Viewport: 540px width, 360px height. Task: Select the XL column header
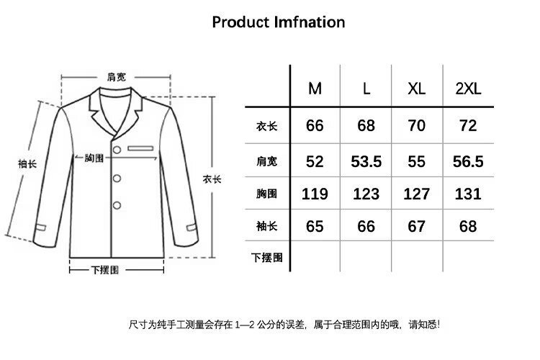(x=417, y=89)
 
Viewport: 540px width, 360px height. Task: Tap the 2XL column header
(x=468, y=89)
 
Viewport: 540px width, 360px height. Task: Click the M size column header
(x=315, y=89)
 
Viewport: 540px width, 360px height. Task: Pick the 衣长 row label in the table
(x=266, y=127)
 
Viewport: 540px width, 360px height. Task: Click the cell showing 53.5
(x=366, y=161)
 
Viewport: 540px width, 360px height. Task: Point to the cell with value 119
(x=315, y=194)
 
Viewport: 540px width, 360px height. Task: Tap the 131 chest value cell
(x=468, y=194)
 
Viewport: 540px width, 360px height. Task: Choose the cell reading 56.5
(x=468, y=161)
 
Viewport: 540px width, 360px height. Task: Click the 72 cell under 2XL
(x=468, y=126)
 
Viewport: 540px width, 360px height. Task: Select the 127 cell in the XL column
(x=417, y=194)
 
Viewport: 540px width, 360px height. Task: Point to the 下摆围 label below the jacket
(x=105, y=270)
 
